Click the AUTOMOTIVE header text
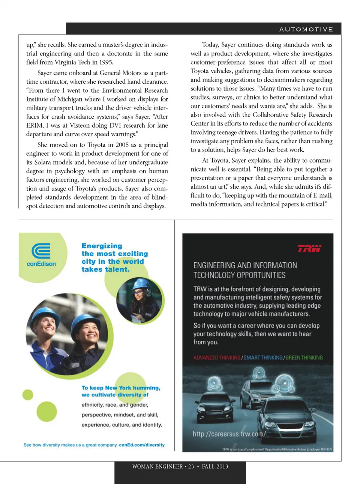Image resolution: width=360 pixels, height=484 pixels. [x=306, y=29]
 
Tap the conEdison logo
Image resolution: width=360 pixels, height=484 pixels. [x=41, y=255]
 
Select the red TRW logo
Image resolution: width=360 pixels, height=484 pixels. [x=309, y=248]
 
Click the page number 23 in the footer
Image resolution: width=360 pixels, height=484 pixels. [x=191, y=466]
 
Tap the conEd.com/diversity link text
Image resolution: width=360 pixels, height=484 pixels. [x=142, y=445]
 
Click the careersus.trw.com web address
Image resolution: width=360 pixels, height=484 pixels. [x=229, y=434]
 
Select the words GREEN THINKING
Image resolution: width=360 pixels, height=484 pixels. [x=304, y=358]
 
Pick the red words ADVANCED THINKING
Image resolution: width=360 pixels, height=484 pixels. [x=217, y=358]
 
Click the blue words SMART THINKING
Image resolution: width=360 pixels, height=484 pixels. [x=263, y=358]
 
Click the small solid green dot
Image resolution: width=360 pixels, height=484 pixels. [x=28, y=395]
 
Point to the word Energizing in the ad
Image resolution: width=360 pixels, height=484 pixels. [x=102, y=246]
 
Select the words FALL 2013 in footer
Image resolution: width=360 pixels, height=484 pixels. [x=215, y=466]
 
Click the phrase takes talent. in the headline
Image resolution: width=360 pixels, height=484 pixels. [x=105, y=269]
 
